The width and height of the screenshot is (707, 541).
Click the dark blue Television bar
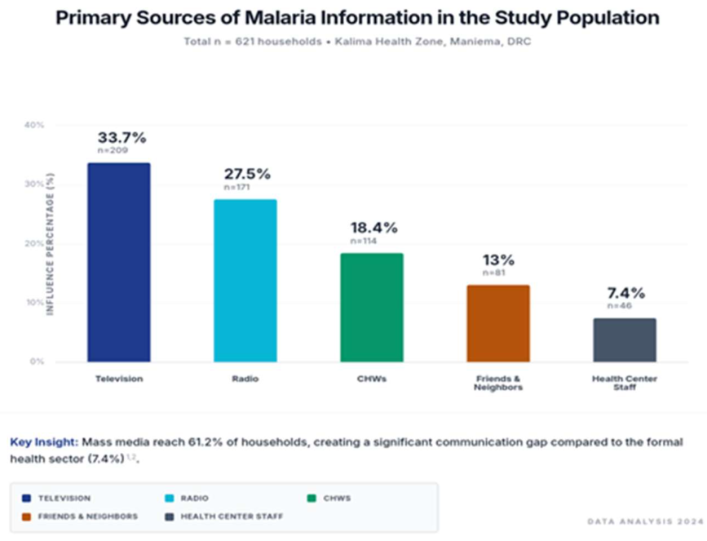tap(119, 262)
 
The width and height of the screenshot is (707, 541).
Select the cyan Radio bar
tap(245, 281)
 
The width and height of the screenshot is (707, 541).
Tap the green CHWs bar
tap(372, 308)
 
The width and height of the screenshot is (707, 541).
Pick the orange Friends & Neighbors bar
tap(498, 323)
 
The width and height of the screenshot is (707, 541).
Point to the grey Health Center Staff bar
tap(625, 339)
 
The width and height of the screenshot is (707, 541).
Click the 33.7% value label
tap(122, 138)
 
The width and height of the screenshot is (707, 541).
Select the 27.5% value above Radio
tap(248, 174)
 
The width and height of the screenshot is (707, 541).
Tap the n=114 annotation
tap(364, 241)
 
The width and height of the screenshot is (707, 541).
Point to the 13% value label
tap(499, 260)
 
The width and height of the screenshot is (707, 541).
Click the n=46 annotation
tap(620, 306)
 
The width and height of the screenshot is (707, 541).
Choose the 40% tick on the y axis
tap(34, 125)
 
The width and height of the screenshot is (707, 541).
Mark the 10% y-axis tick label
tap(34, 302)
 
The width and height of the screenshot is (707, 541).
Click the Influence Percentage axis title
tap(50, 244)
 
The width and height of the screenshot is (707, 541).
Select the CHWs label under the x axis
tap(372, 379)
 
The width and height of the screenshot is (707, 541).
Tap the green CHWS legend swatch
tap(312, 498)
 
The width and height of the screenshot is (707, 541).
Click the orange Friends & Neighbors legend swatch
tap(26, 517)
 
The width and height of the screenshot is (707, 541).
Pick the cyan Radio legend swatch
tap(169, 498)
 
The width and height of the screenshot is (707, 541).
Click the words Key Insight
tap(44, 442)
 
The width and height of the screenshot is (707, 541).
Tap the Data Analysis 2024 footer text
tap(645, 521)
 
